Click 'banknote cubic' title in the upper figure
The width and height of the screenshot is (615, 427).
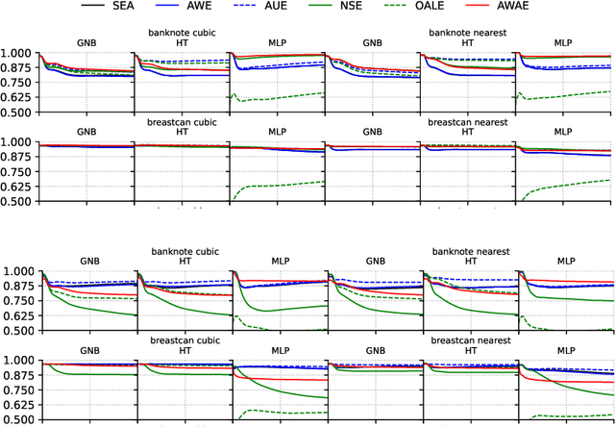pos(182,33)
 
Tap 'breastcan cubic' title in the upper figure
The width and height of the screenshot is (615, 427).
pos(182,122)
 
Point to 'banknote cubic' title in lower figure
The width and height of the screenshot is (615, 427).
pos(182,252)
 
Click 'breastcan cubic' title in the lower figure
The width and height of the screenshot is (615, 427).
pos(182,340)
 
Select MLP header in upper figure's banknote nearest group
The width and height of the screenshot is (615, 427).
pos(564,42)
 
